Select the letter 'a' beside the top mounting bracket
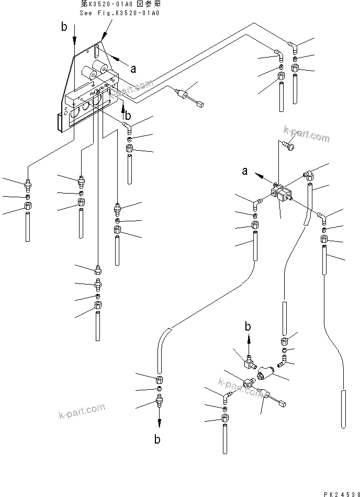pos(133,69)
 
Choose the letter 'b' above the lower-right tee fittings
pos(248,327)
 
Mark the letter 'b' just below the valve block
pos(127,115)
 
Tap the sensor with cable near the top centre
pos(183,95)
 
